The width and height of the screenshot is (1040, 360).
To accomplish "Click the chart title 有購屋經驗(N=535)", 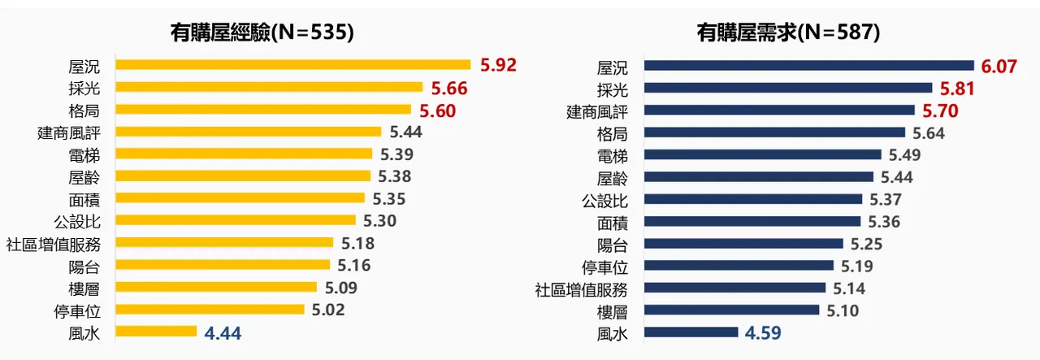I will point(262,32).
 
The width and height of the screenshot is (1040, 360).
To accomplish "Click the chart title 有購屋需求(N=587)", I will point(788,32).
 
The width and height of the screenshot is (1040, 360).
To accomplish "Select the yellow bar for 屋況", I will point(292,64).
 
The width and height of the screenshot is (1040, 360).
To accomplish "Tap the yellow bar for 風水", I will point(156,331).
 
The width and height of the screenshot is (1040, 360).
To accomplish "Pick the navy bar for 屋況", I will point(808,66).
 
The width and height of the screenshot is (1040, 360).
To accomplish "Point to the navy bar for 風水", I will point(691,332).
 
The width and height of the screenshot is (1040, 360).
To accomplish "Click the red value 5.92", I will point(499,65).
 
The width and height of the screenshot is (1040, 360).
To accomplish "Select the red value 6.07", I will point(999,66).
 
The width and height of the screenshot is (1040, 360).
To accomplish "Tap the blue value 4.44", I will point(223,332).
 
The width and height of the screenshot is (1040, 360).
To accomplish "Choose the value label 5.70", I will point(940,111).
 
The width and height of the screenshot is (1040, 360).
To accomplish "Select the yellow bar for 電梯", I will point(244,154).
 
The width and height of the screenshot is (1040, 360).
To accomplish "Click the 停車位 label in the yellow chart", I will point(84,310).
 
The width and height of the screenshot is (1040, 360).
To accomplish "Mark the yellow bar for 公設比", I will point(236,220).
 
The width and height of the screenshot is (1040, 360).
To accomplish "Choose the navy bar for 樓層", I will point(731,310).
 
